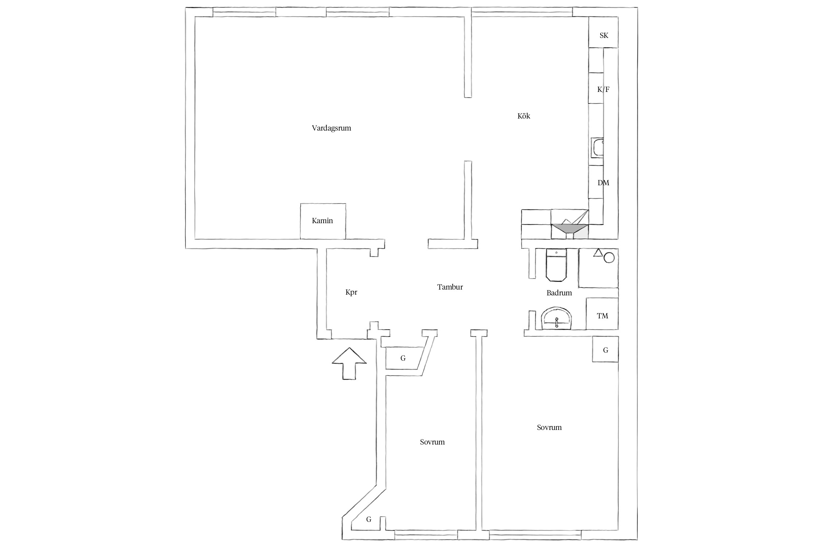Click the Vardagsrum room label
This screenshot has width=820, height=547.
click(331, 128)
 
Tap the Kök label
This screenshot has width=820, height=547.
click(524, 116)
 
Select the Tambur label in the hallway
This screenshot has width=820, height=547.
click(450, 287)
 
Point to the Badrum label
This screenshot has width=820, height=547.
click(559, 293)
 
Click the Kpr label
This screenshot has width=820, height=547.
click(351, 292)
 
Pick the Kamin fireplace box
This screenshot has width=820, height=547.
click(323, 221)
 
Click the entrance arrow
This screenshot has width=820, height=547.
click(349, 364)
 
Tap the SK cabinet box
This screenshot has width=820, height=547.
click(603, 32)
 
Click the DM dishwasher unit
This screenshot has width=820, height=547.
click(596, 182)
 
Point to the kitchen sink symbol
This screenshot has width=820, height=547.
click(597, 148)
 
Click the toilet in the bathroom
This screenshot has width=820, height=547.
click(557, 265)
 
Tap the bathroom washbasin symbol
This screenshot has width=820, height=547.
click(557, 319)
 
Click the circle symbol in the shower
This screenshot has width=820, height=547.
click(609, 258)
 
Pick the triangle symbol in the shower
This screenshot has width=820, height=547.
click(598, 253)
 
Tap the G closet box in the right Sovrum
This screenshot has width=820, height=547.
click(605, 349)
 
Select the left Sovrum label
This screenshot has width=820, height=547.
click(432, 442)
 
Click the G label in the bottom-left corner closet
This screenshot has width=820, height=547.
click(369, 519)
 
